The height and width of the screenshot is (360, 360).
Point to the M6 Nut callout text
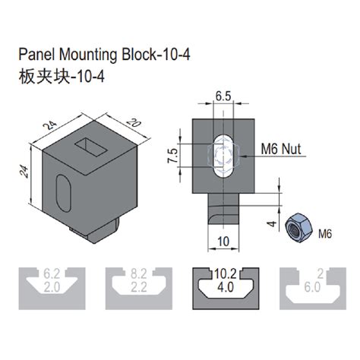pos(282,150)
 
